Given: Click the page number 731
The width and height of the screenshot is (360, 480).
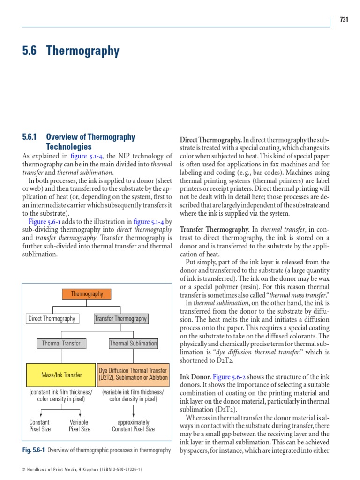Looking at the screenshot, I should point(344,20).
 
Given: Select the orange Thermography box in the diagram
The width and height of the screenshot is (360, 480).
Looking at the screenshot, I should point(87,294).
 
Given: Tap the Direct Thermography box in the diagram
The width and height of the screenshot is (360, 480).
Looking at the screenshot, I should point(52,319).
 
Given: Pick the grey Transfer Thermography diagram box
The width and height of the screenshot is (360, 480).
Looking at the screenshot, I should point(121,319).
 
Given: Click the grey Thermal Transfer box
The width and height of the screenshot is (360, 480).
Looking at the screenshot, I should point(61,344).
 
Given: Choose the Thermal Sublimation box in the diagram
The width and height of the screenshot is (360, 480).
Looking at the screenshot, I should point(133,344).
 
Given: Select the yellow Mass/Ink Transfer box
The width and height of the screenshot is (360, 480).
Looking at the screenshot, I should point(61,375).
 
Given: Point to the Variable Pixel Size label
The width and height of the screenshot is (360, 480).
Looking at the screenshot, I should point(80,426).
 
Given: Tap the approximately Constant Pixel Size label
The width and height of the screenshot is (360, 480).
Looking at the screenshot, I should point(133,426).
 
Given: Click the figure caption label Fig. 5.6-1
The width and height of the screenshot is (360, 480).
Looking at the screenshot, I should point(34,450).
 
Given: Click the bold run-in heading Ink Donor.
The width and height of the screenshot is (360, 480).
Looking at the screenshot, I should point(195,376).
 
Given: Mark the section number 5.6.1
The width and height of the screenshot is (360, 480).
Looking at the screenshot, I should point(32,137).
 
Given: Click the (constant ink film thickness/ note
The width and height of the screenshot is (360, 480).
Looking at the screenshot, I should point(61,392).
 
